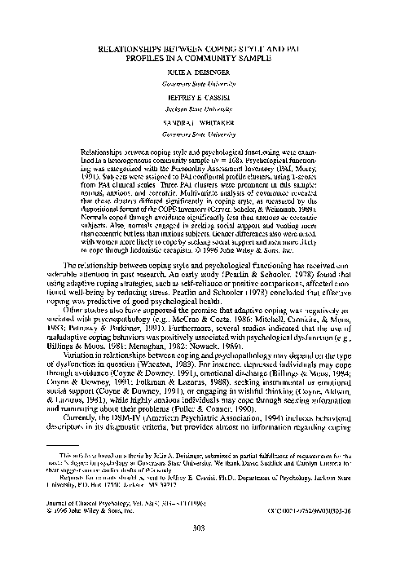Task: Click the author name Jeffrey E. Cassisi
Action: [x=198, y=95]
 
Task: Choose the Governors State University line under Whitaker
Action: [x=198, y=128]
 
